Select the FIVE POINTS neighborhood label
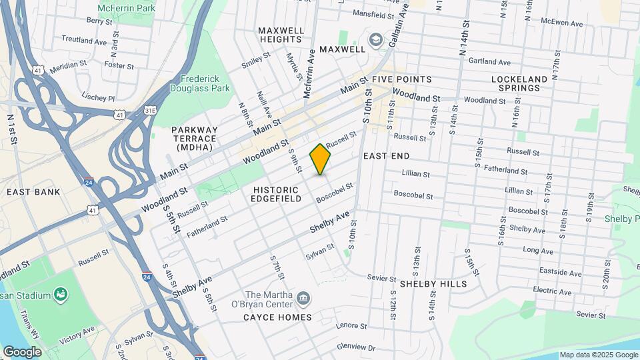401,79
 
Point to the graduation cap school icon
375,40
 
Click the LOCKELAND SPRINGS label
519,83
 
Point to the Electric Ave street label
552,291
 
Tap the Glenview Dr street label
356,347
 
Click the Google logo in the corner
22,351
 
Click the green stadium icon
61,293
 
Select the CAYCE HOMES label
278,317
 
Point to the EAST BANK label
33,192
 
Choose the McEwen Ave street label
562,23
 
